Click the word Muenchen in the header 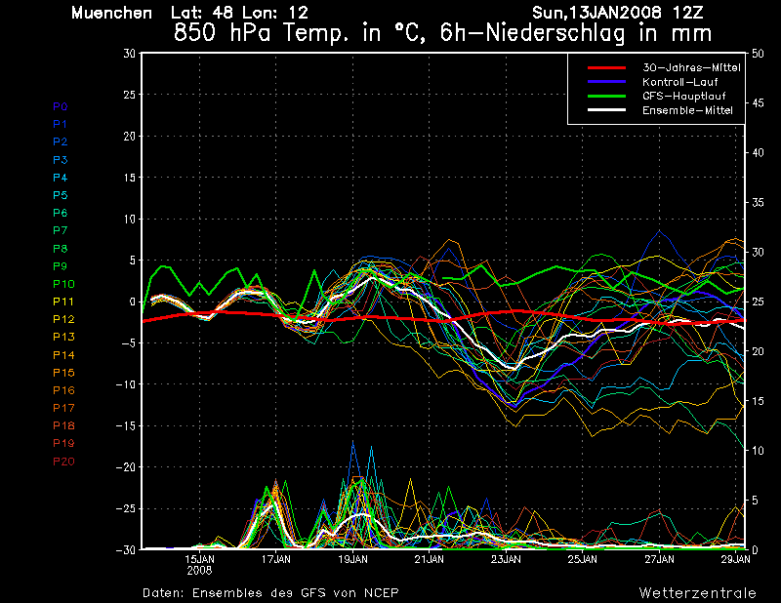[x=111, y=13]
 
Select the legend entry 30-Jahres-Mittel [x=691, y=67]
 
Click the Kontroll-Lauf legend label [x=679, y=82]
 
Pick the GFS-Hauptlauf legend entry [x=684, y=96]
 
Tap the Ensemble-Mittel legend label [x=687, y=110]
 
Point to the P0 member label [x=61, y=106]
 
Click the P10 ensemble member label [x=63, y=284]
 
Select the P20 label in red [x=63, y=462]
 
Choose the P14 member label [x=63, y=355]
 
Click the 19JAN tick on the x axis [x=352, y=560]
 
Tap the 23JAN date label [x=506, y=560]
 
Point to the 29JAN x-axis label [x=736, y=560]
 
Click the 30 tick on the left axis [x=129, y=54]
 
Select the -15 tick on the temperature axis [x=126, y=425]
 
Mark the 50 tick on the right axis [x=758, y=54]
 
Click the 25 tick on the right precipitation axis [x=758, y=301]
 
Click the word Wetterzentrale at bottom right [x=698, y=593]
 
